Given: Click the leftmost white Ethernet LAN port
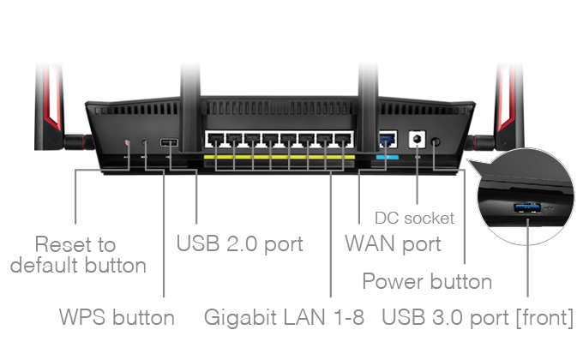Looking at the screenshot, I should pos(214,141).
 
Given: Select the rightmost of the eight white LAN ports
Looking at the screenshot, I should pos(344,141).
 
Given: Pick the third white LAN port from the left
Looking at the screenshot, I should pos(251,141).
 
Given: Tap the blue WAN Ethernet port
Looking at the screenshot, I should pos(388,140).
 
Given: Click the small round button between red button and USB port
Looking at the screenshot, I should pos(144,142).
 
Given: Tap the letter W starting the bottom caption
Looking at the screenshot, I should pos(69,318).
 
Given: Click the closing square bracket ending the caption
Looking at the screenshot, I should pos(570,318).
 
